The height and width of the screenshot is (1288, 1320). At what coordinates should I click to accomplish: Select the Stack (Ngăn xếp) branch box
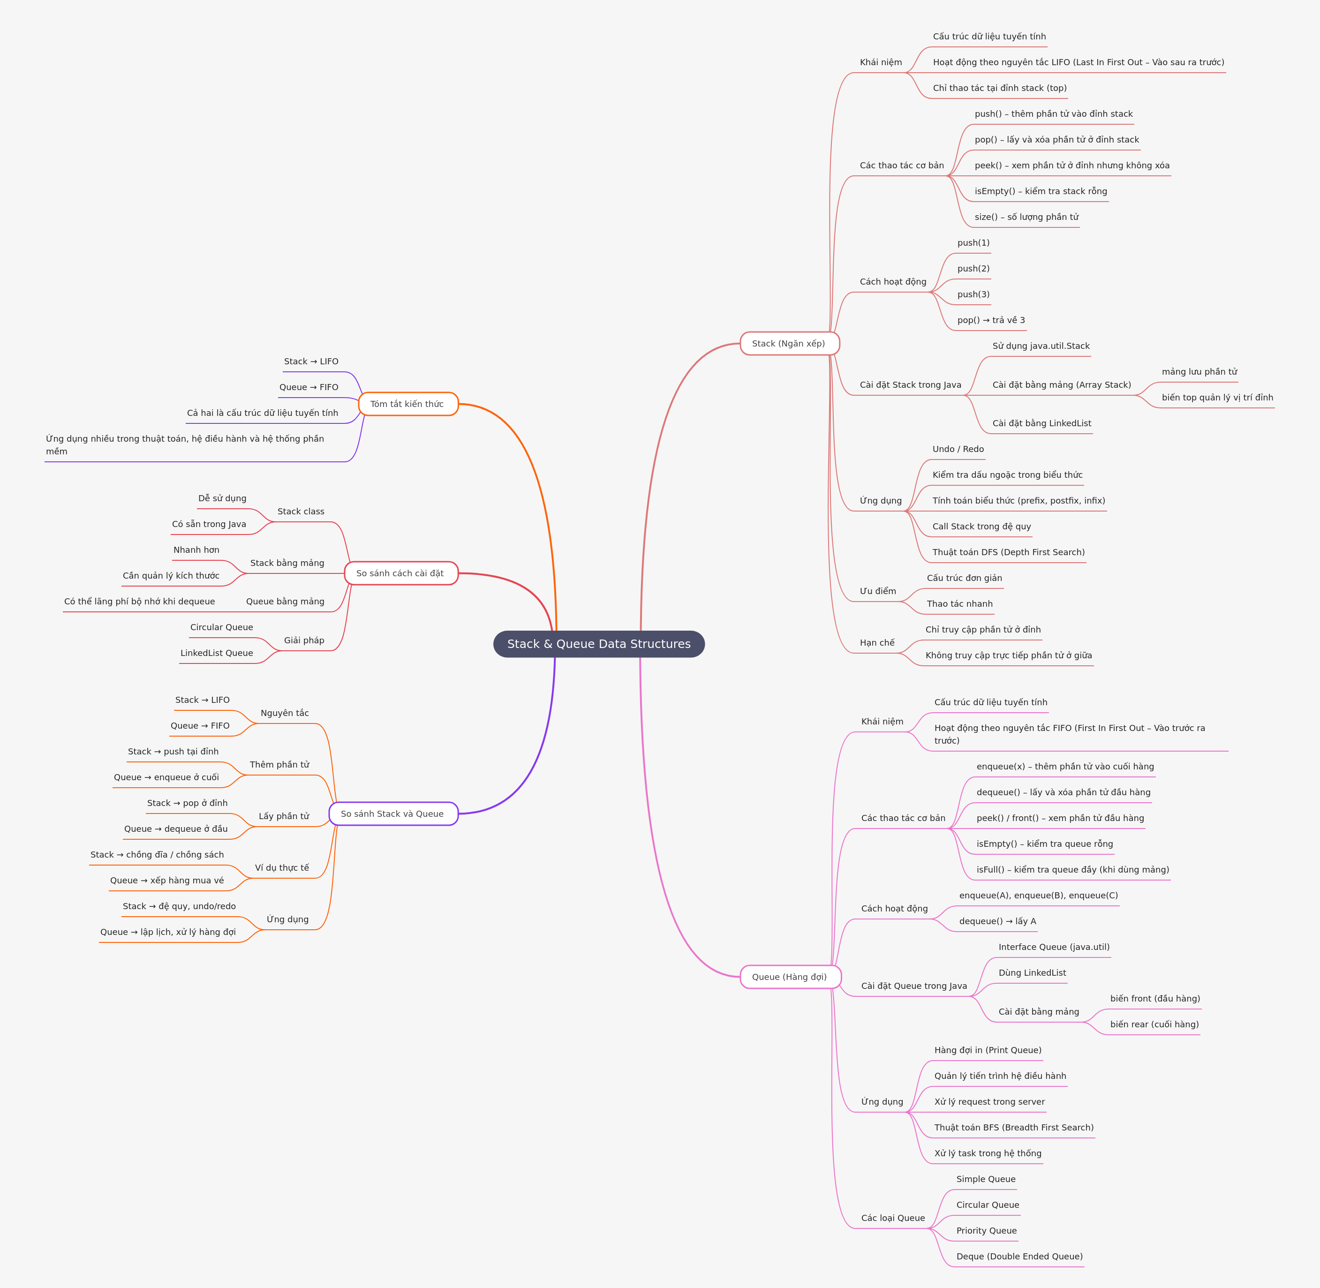[x=789, y=344]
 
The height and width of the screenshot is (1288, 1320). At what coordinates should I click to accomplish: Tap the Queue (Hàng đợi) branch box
[x=790, y=977]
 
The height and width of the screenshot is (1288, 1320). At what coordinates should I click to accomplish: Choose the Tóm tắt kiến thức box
[x=407, y=404]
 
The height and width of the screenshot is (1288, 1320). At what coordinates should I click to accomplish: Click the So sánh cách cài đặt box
[x=400, y=573]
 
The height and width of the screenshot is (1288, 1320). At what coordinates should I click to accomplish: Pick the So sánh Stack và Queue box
[x=392, y=814]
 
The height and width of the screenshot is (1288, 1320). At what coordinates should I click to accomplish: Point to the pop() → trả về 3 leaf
[x=990, y=320]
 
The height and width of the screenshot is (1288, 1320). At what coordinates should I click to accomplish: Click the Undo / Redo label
[x=958, y=449]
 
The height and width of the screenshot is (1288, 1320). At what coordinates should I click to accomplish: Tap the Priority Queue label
[x=986, y=1230]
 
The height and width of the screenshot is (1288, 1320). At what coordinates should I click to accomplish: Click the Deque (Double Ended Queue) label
[x=1019, y=1256]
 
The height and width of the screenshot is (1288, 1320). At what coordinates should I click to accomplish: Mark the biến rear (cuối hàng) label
[x=1154, y=1024]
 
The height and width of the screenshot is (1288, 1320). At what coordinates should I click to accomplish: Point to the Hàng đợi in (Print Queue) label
[x=988, y=1050]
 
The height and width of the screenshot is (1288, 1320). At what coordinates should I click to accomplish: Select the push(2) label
[x=973, y=269]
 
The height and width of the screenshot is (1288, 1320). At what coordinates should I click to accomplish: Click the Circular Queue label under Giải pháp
[x=221, y=627]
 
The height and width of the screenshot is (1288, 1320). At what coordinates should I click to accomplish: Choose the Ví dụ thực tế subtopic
[x=282, y=868]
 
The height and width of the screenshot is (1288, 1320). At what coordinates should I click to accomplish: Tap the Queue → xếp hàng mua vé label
[x=166, y=880]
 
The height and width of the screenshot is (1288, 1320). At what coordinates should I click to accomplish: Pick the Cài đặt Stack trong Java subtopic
[x=910, y=385]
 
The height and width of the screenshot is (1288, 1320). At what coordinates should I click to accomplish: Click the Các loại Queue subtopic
[x=892, y=1218]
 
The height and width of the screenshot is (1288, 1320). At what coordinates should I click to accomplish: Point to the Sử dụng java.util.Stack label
[x=1041, y=346]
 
